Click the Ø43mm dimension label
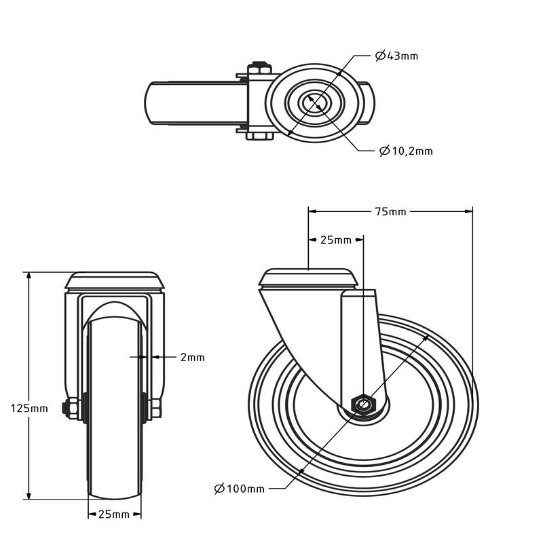(397, 56)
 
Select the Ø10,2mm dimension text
(406, 151)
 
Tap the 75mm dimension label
(390, 211)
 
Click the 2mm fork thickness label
(192, 357)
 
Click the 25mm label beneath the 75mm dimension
(335, 240)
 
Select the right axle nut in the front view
(155, 408)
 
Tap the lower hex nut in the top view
(259, 136)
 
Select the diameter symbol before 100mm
(219, 489)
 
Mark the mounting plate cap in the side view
(310, 278)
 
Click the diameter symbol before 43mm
(380, 56)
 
